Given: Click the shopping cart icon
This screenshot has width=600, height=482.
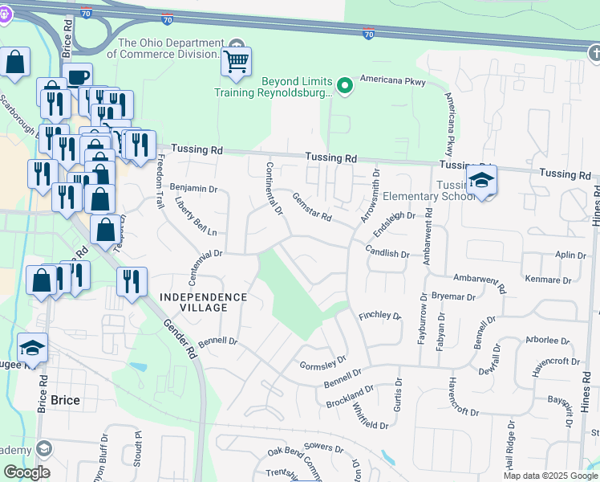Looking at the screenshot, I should click(236, 61).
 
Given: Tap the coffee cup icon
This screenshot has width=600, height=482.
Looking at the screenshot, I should click(78, 77).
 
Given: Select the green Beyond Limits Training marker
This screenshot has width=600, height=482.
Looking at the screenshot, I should click(345, 84).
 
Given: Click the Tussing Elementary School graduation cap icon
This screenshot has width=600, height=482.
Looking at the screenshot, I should click(481, 181).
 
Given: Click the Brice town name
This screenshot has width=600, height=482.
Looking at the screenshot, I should click(65, 399).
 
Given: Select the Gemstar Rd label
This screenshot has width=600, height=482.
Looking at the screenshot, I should click(311, 207).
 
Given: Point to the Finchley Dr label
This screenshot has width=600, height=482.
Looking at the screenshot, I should click(379, 316).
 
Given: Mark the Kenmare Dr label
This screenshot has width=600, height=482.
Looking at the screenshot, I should click(550, 281).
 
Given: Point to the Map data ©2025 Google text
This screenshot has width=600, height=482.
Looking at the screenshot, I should click(550, 476).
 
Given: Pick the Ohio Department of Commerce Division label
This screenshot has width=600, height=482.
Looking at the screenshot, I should click(169, 48).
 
